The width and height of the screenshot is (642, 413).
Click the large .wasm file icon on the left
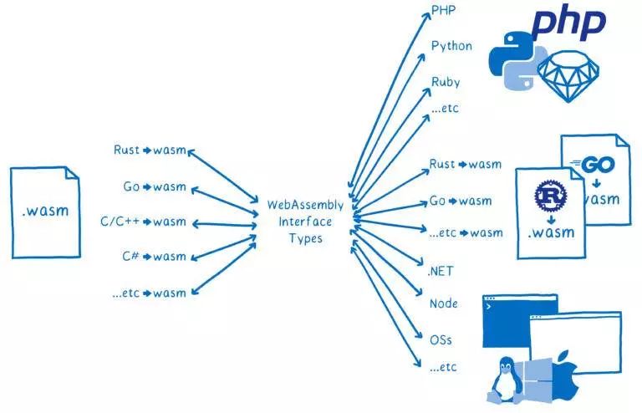tap(46, 212)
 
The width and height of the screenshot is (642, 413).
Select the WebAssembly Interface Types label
tap(305, 221)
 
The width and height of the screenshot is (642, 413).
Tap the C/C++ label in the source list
tap(119, 222)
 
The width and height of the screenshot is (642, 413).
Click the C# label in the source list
tap(130, 257)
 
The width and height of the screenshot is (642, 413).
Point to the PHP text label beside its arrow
tap(442, 10)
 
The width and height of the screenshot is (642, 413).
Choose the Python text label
tap(451, 46)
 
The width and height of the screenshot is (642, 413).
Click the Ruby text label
tap(446, 82)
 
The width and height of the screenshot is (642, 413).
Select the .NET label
tap(441, 271)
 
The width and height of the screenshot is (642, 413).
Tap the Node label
tap(443, 303)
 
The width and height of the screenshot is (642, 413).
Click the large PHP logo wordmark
tap(569, 23)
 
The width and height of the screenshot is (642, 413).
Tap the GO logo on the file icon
tap(598, 164)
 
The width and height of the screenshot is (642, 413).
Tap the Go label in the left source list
tap(131, 186)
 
